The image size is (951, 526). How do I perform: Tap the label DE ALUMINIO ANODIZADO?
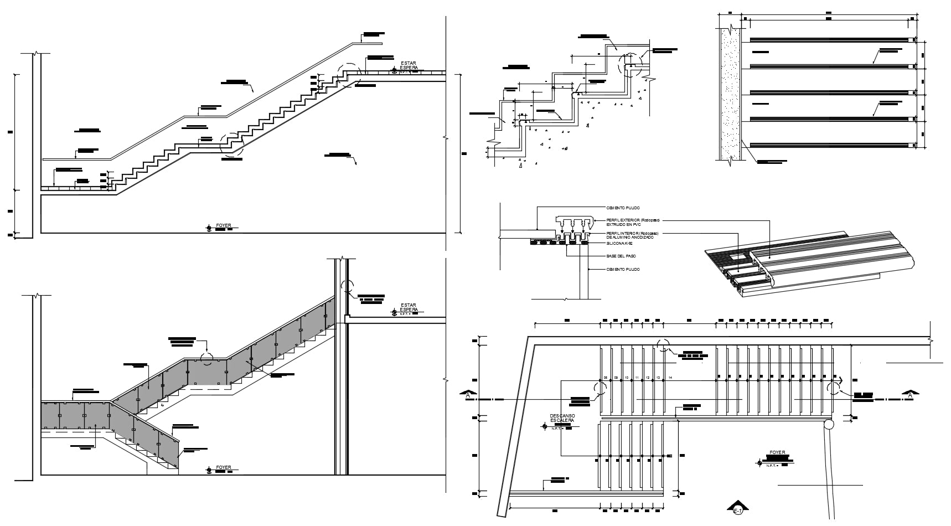tap(622, 238)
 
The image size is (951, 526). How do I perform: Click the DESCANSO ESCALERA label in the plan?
tap(562, 418)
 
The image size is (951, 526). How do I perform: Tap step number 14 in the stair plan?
tap(670, 378)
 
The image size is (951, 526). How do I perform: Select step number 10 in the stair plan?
tap(627, 378)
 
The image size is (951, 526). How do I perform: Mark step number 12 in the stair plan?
tap(648, 378)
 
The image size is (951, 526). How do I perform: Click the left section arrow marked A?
tap(468, 395)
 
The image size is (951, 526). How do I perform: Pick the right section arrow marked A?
tap(909, 395)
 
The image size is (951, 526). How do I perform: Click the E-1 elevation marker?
tap(738, 509)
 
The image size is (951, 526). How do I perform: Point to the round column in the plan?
tap(829, 425)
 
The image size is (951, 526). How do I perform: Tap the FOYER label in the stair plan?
tap(777, 452)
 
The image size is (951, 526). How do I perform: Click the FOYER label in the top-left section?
tap(224, 226)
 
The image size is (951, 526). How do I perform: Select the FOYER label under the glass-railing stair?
tap(224, 467)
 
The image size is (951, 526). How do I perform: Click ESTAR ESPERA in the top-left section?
tap(409, 66)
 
